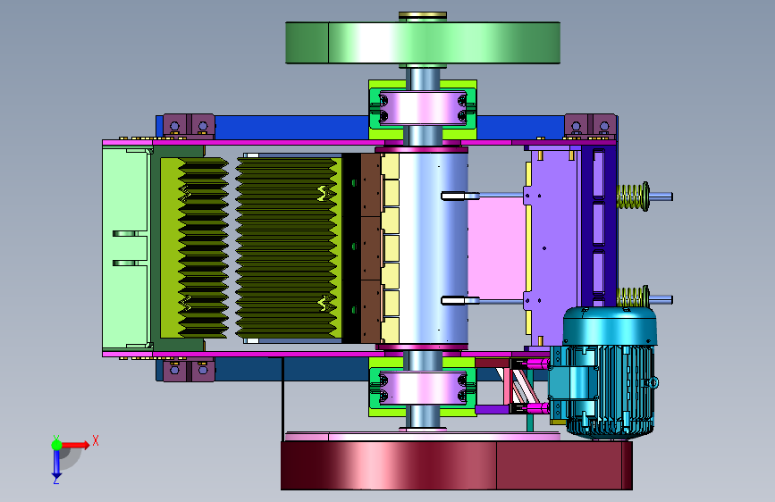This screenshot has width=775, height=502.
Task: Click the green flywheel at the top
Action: pos(423,43)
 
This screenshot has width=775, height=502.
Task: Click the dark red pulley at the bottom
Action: pos(456,465)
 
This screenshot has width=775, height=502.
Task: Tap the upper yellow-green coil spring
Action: pos(633,197)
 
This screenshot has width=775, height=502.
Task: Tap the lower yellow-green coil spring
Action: pos(633,298)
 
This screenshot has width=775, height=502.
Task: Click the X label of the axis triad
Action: pos(96,440)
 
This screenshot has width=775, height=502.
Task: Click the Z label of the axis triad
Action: pos(56,480)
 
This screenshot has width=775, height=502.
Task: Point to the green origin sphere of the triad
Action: pos(57,445)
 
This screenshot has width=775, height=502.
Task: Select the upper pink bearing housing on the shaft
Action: pos(423,108)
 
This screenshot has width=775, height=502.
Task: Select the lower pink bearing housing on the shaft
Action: pos(423,388)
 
